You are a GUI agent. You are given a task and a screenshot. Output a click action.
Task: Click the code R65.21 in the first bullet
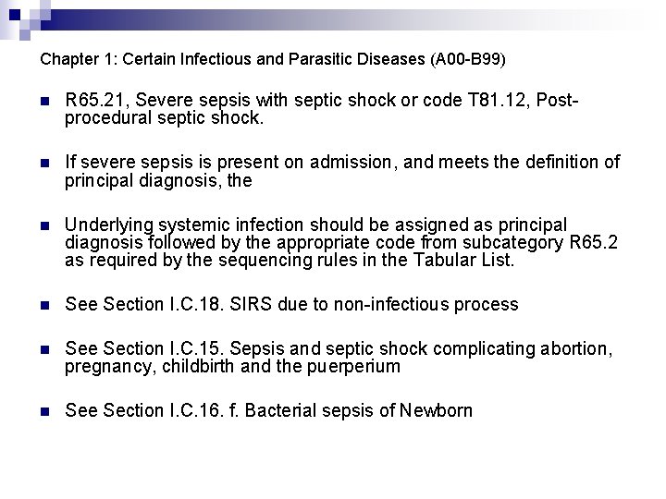[x=93, y=100]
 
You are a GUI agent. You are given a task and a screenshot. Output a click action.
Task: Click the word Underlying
[x=106, y=225]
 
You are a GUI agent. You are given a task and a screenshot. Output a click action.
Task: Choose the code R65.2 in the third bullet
[x=597, y=243]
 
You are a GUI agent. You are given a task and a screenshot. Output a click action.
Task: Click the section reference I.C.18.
[x=191, y=304]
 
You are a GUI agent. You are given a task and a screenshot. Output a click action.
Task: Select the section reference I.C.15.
[x=191, y=348]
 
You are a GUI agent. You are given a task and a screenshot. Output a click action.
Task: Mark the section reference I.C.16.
[x=191, y=410]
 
